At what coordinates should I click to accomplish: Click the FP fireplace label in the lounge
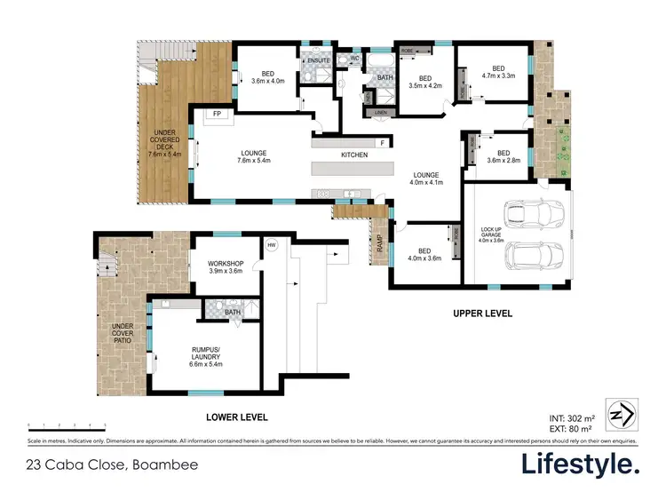click(216, 115)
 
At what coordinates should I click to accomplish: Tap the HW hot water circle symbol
click(271, 245)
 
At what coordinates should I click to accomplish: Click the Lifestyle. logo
click(579, 464)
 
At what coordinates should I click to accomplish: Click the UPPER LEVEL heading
click(482, 313)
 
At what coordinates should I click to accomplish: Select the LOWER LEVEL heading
click(236, 417)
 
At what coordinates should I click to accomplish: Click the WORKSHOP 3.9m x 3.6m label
click(225, 267)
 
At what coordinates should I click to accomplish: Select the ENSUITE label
click(318, 60)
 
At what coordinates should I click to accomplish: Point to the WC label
click(353, 60)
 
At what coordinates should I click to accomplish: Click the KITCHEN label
click(354, 155)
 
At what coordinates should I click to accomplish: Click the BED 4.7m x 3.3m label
click(497, 72)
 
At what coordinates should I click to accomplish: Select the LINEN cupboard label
click(380, 113)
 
